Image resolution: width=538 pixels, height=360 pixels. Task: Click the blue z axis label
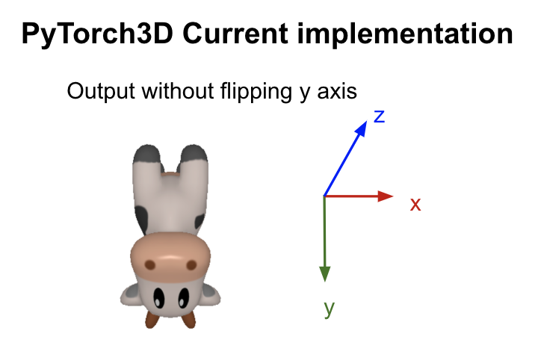click(x=379, y=116)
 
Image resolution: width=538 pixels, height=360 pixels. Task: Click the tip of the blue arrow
click(x=365, y=124)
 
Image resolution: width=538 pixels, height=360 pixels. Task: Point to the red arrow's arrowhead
click(x=387, y=196)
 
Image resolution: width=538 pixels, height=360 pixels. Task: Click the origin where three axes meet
click(x=324, y=196)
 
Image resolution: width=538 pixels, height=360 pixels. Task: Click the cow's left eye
click(x=158, y=300)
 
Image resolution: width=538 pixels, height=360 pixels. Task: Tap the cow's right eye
click(x=182, y=300)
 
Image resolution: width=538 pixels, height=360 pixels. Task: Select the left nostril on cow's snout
click(x=149, y=265)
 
